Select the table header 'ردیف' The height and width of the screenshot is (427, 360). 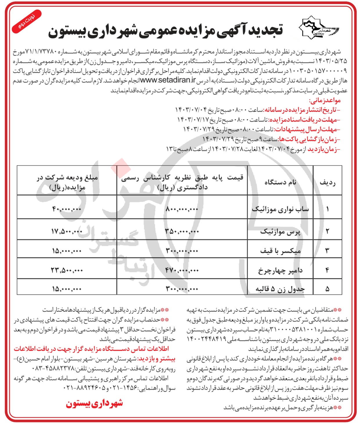(x=327, y=182)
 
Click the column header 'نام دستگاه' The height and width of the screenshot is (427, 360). (x=280, y=182)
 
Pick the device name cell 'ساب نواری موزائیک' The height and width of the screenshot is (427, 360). (x=280, y=209)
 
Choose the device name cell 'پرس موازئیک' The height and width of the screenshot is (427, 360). (x=280, y=231)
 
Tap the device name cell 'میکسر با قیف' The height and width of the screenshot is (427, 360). (x=280, y=251)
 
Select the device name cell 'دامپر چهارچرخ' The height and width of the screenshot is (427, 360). (x=280, y=270)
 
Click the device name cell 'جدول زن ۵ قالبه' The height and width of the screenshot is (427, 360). (x=280, y=289)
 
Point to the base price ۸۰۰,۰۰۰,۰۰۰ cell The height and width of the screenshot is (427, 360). (x=182, y=209)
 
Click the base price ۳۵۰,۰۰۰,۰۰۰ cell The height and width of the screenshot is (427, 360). (x=182, y=231)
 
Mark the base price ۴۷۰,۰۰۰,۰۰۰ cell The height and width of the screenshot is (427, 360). (x=182, y=270)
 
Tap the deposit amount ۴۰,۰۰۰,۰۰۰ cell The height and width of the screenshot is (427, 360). (x=67, y=209)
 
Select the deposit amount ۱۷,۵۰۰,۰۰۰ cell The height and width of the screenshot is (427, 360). (x=67, y=231)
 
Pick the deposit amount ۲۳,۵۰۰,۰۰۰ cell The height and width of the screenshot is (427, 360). (x=67, y=270)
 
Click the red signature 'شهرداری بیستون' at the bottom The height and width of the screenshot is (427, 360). (x=94, y=403)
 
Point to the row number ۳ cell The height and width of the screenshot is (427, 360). (x=327, y=251)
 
